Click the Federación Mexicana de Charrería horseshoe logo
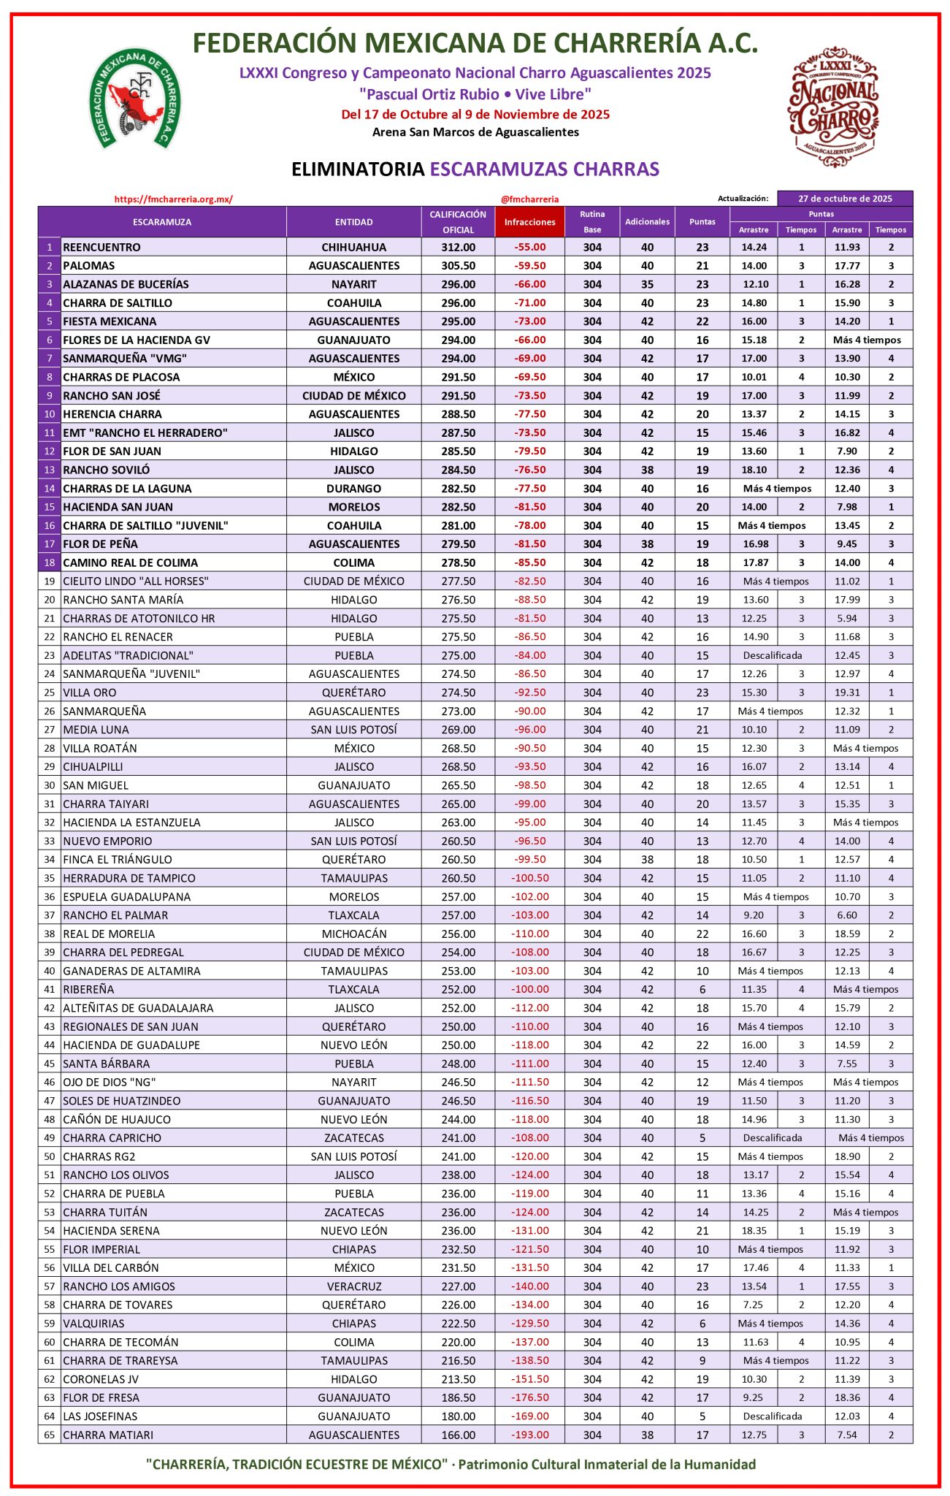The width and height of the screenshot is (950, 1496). pos(134,99)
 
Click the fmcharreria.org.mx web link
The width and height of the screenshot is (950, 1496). pos(173,199)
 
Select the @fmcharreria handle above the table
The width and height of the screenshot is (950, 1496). pos(529,199)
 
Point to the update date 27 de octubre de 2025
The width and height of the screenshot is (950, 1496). pos(845,199)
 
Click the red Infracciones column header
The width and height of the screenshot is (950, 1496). pos(529,222)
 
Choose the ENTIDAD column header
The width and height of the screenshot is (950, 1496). pos(353,222)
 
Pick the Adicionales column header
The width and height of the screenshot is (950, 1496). pos(647,222)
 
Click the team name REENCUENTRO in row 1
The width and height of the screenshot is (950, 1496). pos(101,247)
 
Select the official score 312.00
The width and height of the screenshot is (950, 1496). pos(458,247)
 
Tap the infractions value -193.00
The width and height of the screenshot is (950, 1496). pos(529,1435)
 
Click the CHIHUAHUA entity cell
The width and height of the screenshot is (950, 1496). pos(353,247)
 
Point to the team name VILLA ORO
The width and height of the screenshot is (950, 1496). pos(89,692)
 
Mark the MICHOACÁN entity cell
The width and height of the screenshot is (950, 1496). pos(353,934)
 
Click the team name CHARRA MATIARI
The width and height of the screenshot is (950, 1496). pos(108,1435)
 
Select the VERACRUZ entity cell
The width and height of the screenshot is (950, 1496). pos(353,1286)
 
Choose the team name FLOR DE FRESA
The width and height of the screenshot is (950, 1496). pos(101,1397)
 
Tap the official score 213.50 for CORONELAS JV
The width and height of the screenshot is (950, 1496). pos(458,1379)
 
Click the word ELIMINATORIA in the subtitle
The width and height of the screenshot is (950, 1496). pos(357,169)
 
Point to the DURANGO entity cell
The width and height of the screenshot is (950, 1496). pos(353,488)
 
